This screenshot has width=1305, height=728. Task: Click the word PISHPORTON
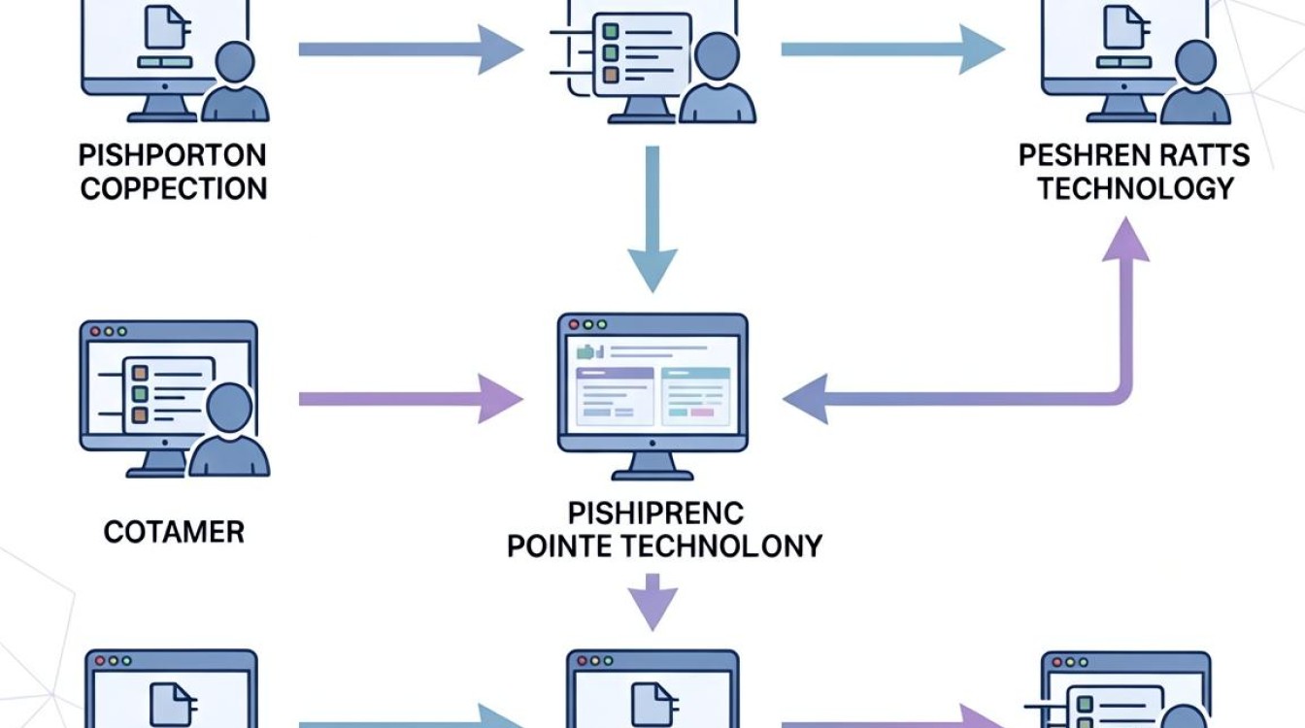tap(173, 155)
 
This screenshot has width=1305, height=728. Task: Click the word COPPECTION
tap(174, 188)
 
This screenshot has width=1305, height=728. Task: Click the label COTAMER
tap(174, 532)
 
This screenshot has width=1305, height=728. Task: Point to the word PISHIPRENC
tap(655, 513)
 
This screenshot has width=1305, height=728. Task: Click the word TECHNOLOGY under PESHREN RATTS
tap(1136, 188)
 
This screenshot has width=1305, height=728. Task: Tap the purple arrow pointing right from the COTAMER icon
tap(411, 399)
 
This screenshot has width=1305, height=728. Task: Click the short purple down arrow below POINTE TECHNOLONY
tap(652, 602)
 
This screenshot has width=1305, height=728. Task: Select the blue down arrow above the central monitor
tap(652, 219)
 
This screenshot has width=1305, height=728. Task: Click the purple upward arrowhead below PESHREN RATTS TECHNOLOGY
tap(1125, 240)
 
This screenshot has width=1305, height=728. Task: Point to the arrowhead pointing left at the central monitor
tap(805, 399)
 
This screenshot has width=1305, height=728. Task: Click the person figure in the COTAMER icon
tap(229, 430)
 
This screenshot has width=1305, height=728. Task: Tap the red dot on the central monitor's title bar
tap(574, 324)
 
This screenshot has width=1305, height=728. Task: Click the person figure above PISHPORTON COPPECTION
tap(235, 82)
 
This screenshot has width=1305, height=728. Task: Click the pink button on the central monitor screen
tap(702, 413)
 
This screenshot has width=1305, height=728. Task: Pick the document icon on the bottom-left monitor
tap(171, 705)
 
